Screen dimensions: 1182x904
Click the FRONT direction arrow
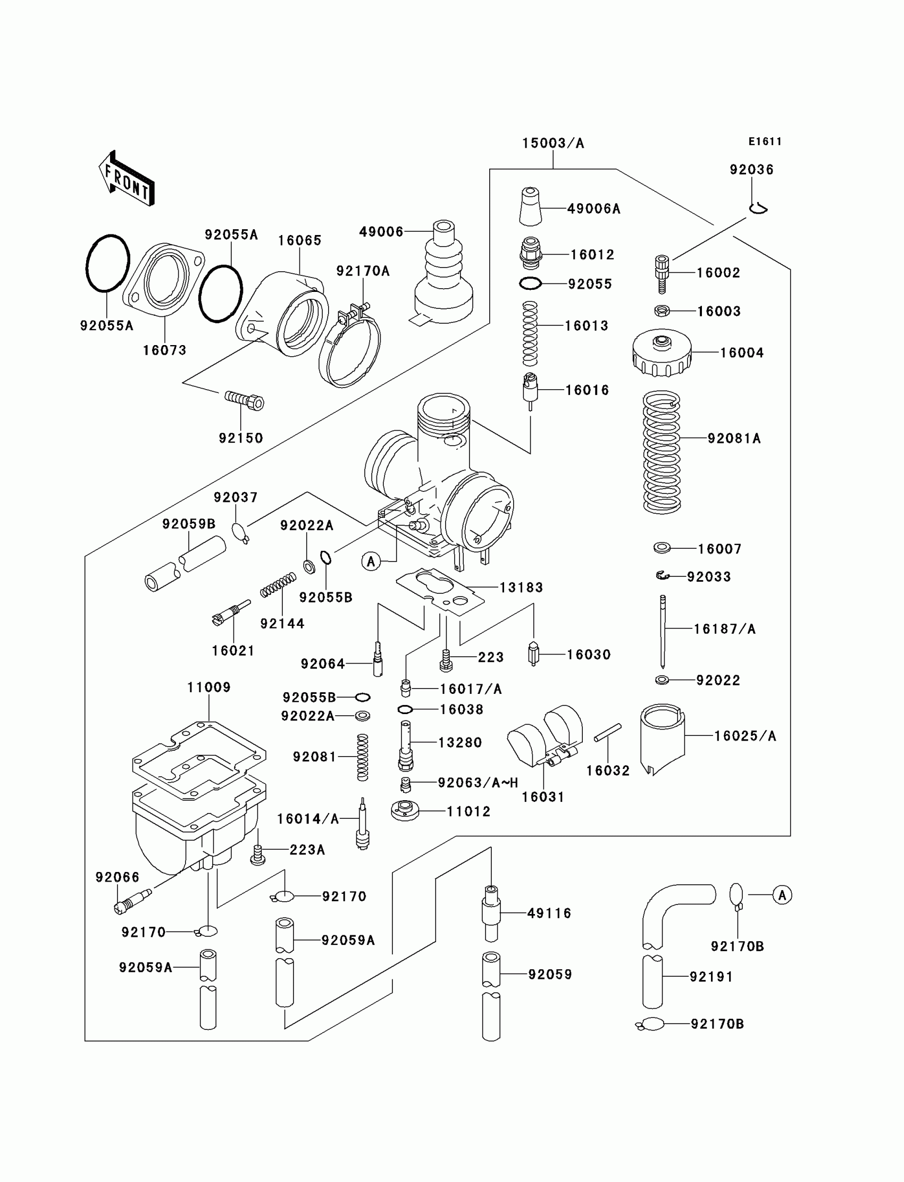coord(127,179)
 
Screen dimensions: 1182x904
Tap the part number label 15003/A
coord(553,143)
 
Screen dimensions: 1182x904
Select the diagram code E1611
coord(765,141)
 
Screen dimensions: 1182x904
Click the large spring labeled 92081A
coord(662,452)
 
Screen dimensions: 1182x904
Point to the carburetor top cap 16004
coord(662,353)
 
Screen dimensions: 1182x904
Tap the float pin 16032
coord(607,732)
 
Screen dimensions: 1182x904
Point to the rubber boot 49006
coord(443,274)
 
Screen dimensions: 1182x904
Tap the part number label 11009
coord(209,687)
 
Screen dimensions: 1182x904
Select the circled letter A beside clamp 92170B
coord(782,895)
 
